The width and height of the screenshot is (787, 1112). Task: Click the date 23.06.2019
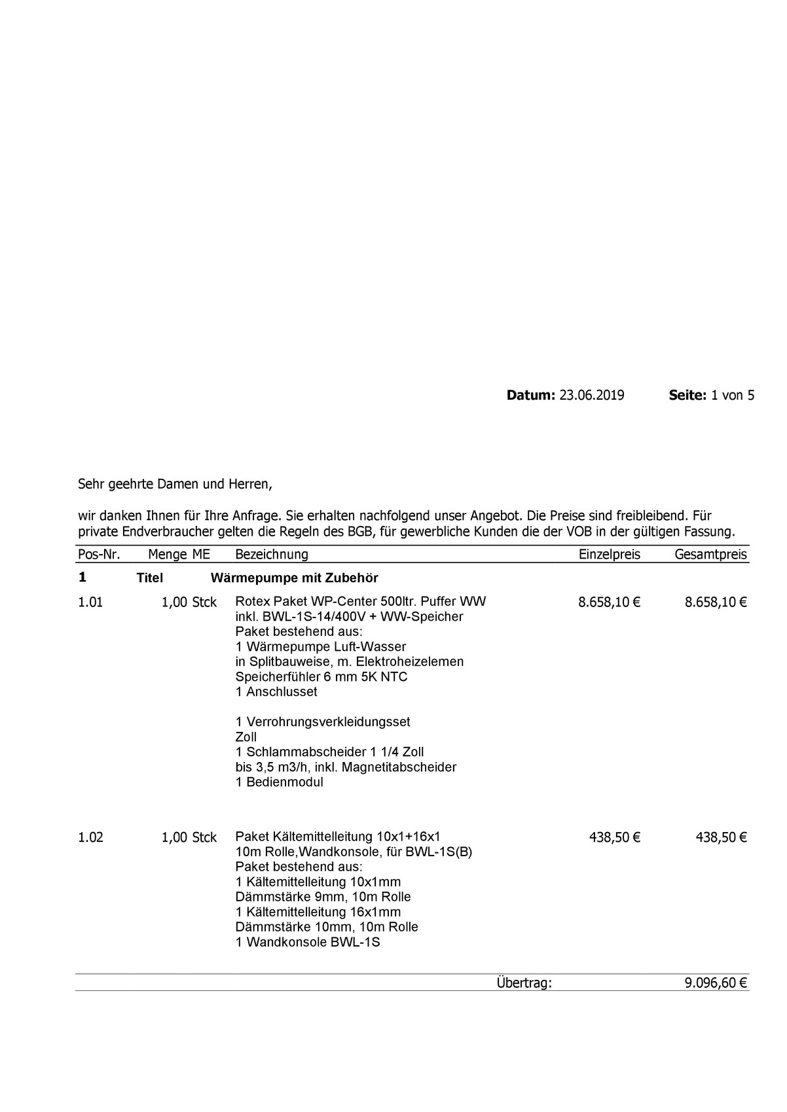pos(591,395)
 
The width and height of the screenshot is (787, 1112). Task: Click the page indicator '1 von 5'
pos(733,395)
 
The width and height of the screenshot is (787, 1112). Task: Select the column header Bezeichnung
pos(271,555)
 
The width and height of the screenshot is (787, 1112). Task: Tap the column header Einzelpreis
pos(609,555)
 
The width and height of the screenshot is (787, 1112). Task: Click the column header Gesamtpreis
pos(710,555)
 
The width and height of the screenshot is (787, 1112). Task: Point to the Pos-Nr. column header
pos(99,555)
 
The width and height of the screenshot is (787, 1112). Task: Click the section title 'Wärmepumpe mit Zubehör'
pos(294,578)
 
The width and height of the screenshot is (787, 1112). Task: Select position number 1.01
pos(90,602)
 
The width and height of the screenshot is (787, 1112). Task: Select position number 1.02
pos(90,837)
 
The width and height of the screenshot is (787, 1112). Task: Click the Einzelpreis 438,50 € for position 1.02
pos(614,837)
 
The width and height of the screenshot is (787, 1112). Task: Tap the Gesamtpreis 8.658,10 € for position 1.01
pos(716,602)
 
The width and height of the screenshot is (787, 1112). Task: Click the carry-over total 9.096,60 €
pos(716,982)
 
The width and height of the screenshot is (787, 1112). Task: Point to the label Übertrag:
pos(524,982)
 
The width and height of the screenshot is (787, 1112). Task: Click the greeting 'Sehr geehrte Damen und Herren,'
pos(174,485)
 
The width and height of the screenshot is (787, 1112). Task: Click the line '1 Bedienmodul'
pos(279,782)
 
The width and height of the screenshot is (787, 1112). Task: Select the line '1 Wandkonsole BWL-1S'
pos(307,943)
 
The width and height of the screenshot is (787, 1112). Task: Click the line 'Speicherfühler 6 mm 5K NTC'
pos(321,676)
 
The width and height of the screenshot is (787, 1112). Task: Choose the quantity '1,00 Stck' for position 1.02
pos(189,837)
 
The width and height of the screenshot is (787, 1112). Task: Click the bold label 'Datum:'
pos(530,395)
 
